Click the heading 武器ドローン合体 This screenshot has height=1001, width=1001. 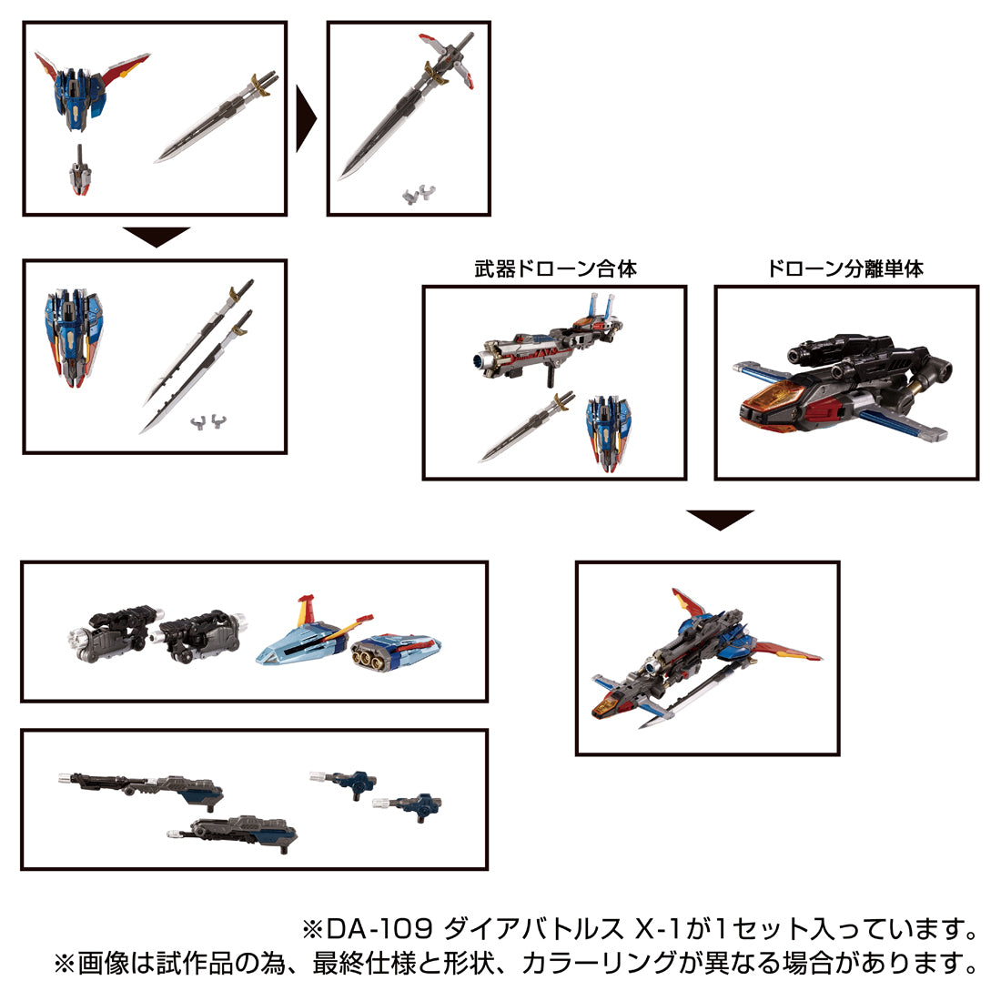(x=554, y=269)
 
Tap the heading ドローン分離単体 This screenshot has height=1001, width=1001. (x=845, y=269)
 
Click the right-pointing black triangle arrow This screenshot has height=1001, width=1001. (x=306, y=119)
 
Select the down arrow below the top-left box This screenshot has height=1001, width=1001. (x=156, y=237)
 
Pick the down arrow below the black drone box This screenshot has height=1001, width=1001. (x=720, y=520)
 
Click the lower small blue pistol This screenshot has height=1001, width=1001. (x=409, y=804)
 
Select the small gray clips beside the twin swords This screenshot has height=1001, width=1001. (x=207, y=421)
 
